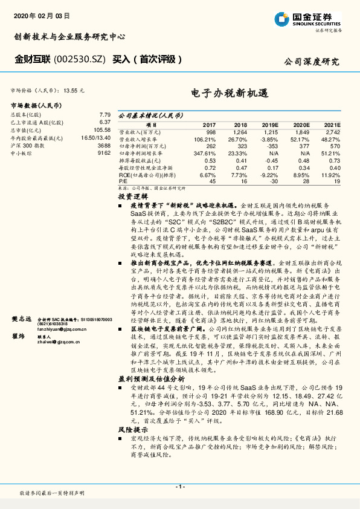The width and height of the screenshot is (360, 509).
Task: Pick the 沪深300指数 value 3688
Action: (104, 146)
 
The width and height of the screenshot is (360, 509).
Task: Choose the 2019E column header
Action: (269, 124)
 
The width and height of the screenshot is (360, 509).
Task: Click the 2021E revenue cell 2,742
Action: (333, 131)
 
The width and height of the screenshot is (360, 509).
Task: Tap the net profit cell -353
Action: (271, 146)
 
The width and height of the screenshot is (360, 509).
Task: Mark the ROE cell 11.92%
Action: (331, 175)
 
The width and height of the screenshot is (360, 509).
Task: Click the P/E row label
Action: (123, 181)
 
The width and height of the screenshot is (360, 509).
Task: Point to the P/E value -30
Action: (273, 181)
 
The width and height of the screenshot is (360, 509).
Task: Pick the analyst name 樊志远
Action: (21, 319)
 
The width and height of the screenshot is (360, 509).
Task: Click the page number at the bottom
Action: (179, 487)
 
